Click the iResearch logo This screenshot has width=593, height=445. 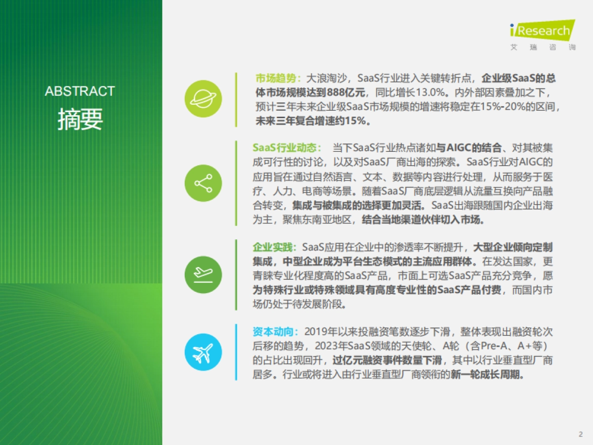543,35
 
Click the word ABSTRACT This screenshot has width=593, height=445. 80,91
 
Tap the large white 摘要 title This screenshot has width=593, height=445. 80,119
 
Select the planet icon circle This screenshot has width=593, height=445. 203,98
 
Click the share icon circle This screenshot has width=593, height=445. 203,183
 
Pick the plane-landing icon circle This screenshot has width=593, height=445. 203,275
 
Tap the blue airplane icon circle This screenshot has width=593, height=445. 203,352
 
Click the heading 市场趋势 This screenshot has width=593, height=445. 276,78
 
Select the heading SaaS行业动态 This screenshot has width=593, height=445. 285,148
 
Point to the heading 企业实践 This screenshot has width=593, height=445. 273,247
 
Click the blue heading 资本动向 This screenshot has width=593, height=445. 273,332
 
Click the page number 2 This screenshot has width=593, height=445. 581,434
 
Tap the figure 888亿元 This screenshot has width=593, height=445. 346,92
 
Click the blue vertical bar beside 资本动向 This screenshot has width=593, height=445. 236,352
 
